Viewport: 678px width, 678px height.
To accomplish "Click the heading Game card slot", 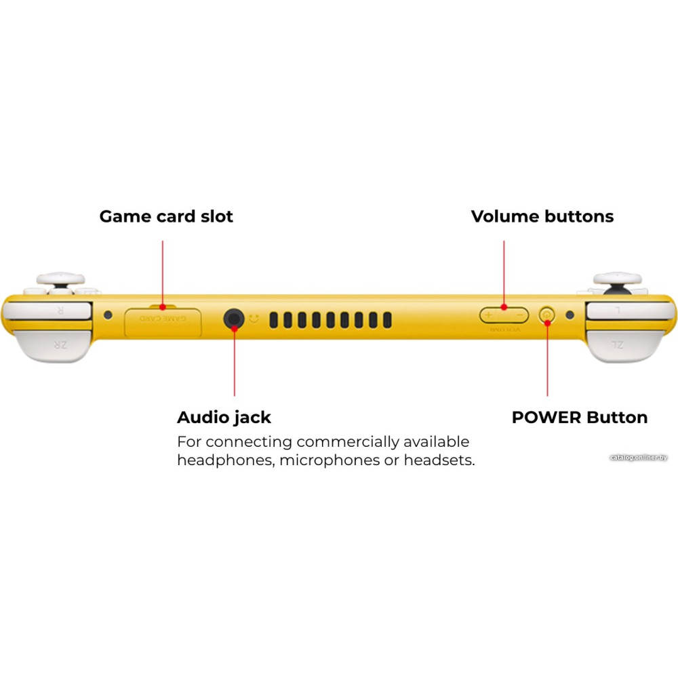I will coord(166,216).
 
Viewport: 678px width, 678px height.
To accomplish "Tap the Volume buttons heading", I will coord(542,216).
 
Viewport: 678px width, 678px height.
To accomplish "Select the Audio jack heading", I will coord(224,417).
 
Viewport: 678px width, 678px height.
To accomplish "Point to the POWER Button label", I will coord(580,417).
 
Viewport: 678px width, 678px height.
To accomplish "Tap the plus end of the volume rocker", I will coord(488,315).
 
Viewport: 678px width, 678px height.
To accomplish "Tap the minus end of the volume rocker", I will coord(519,315).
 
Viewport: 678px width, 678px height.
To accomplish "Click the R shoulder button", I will coord(49,311).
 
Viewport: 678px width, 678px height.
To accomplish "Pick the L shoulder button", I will coord(627,311).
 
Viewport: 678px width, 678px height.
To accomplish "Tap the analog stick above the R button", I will coord(60,279).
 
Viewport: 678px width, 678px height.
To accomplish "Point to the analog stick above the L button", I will coord(618,279).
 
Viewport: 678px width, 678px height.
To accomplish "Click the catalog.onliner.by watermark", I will coord(638,458).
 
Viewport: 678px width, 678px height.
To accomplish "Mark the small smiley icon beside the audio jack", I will coord(254,317).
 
